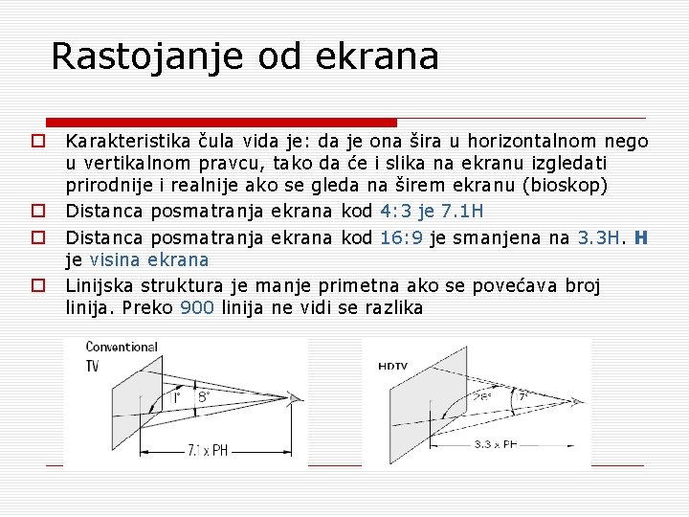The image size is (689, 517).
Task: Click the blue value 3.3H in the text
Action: point(601,235)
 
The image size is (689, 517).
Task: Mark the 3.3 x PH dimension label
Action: point(495,443)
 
